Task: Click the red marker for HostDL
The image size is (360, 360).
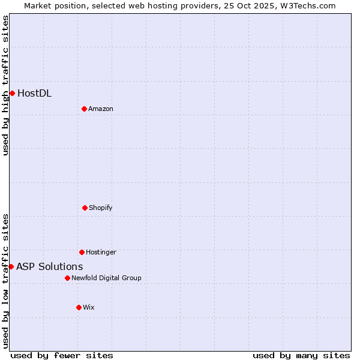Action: pyautogui.click(x=12, y=93)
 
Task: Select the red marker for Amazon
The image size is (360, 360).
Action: pyautogui.click(x=85, y=109)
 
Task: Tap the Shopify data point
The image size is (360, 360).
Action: pyautogui.click(x=85, y=208)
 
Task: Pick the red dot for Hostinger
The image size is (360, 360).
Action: pyautogui.click(x=82, y=252)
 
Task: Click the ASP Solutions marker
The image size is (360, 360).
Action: pyautogui.click(x=11, y=266)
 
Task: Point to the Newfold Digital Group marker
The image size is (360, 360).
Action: pyautogui.click(x=67, y=278)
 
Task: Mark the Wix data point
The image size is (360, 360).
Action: pyautogui.click(x=79, y=307)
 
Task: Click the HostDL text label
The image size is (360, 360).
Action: pyautogui.click(x=34, y=93)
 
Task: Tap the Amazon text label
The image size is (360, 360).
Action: pyautogui.click(x=101, y=109)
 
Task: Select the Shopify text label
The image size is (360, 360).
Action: pyautogui.click(x=101, y=208)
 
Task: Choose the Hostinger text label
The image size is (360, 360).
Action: pyautogui.click(x=101, y=252)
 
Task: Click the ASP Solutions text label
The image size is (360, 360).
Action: pyautogui.click(x=50, y=266)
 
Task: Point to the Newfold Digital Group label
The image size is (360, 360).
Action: pyautogui.click(x=106, y=278)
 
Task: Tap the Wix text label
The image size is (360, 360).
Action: pyautogui.click(x=89, y=307)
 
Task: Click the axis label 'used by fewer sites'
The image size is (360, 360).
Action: pyautogui.click(x=62, y=355)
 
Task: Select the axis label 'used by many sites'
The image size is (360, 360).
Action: pyautogui.click(x=301, y=355)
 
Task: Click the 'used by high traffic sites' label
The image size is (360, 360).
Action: pyautogui.click(x=5, y=85)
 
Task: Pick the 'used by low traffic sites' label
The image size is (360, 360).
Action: pyautogui.click(x=5, y=281)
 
